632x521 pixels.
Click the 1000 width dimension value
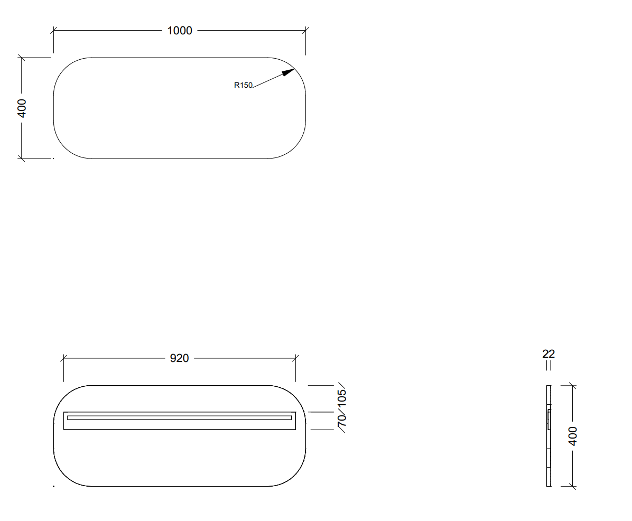(x=179, y=31)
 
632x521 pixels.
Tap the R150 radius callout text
(x=243, y=85)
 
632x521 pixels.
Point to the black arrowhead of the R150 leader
(x=288, y=72)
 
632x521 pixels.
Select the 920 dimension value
(x=179, y=358)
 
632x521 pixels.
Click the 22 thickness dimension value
(x=549, y=354)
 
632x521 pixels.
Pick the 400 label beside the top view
(x=22, y=108)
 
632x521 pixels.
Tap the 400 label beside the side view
(x=572, y=436)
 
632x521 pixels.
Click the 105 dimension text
(x=341, y=398)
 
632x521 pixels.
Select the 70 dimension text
(x=341, y=421)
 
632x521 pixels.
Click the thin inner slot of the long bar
(x=179, y=418)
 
